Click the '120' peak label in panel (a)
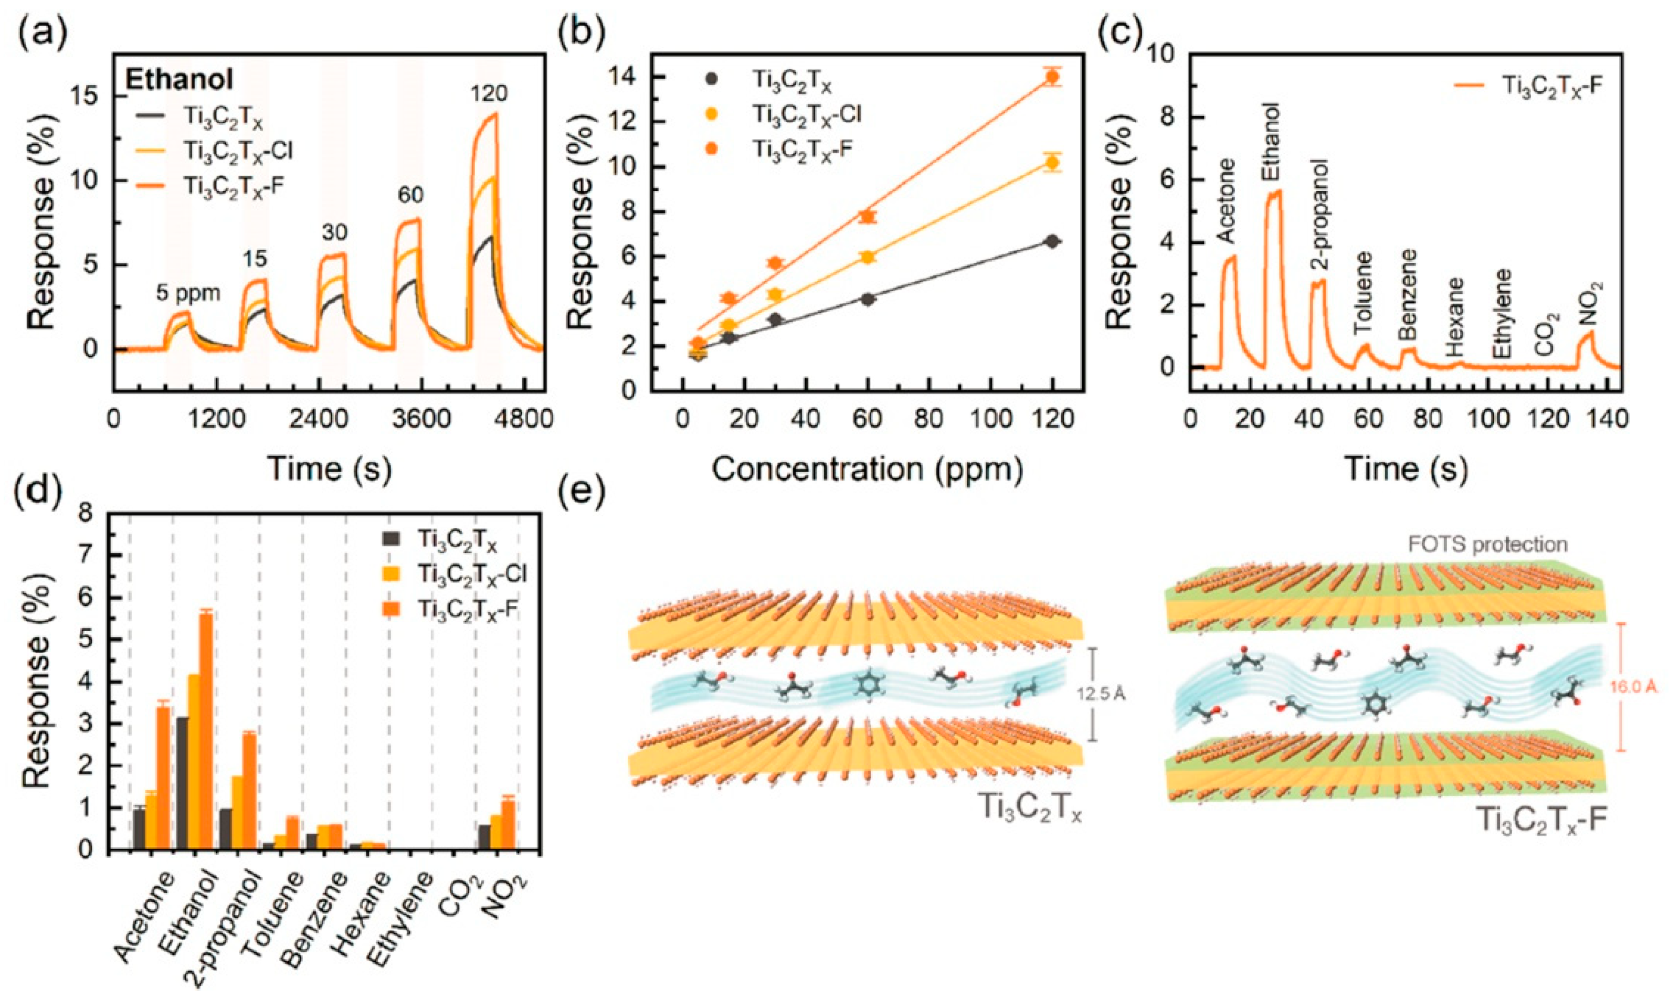click(488, 94)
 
